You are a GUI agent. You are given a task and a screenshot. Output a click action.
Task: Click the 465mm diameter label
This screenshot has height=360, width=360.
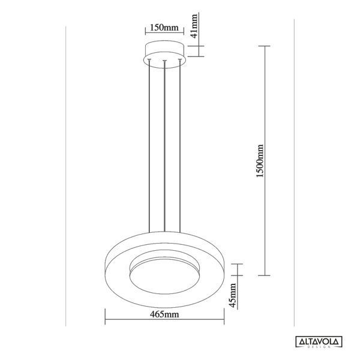pyautogui.click(x=164, y=313)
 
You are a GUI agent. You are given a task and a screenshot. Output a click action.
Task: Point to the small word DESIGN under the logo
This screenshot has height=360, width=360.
pyautogui.click(x=319, y=349)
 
